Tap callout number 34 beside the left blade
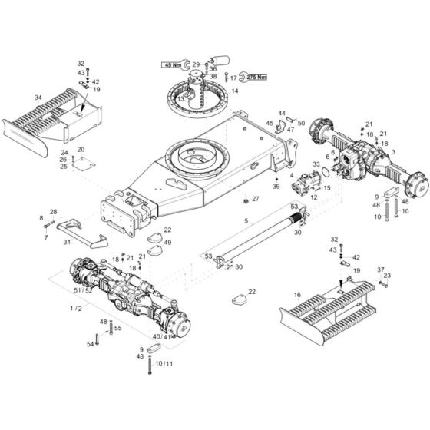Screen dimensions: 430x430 [38, 98]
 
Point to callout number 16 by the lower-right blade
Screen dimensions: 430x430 [296, 295]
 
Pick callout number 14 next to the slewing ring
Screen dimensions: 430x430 [235, 91]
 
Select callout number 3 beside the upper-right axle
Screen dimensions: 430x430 [393, 153]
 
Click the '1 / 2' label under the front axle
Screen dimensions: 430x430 [76, 308]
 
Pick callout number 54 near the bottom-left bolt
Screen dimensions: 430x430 [89, 344]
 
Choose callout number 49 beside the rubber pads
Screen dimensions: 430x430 [167, 243]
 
